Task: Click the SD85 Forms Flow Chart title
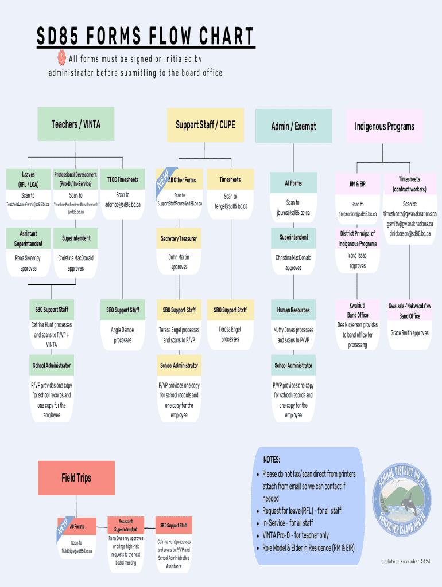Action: (146, 36)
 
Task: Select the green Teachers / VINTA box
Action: (76, 124)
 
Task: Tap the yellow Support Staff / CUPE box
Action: (205, 125)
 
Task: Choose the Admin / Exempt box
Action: (293, 126)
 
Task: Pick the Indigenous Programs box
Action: (384, 126)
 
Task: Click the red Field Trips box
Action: (76, 478)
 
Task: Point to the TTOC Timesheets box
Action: (122, 179)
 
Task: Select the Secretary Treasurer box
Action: (179, 238)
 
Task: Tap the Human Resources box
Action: (293, 310)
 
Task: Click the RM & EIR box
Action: (357, 184)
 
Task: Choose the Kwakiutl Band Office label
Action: (357, 310)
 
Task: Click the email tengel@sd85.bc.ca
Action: (230, 206)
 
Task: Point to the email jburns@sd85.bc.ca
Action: (293, 212)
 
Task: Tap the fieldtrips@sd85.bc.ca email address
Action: (76, 550)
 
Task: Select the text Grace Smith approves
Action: (409, 332)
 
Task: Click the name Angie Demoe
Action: (122, 330)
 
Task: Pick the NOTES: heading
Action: (272, 460)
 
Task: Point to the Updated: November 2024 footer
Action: (405, 561)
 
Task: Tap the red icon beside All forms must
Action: (61, 58)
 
